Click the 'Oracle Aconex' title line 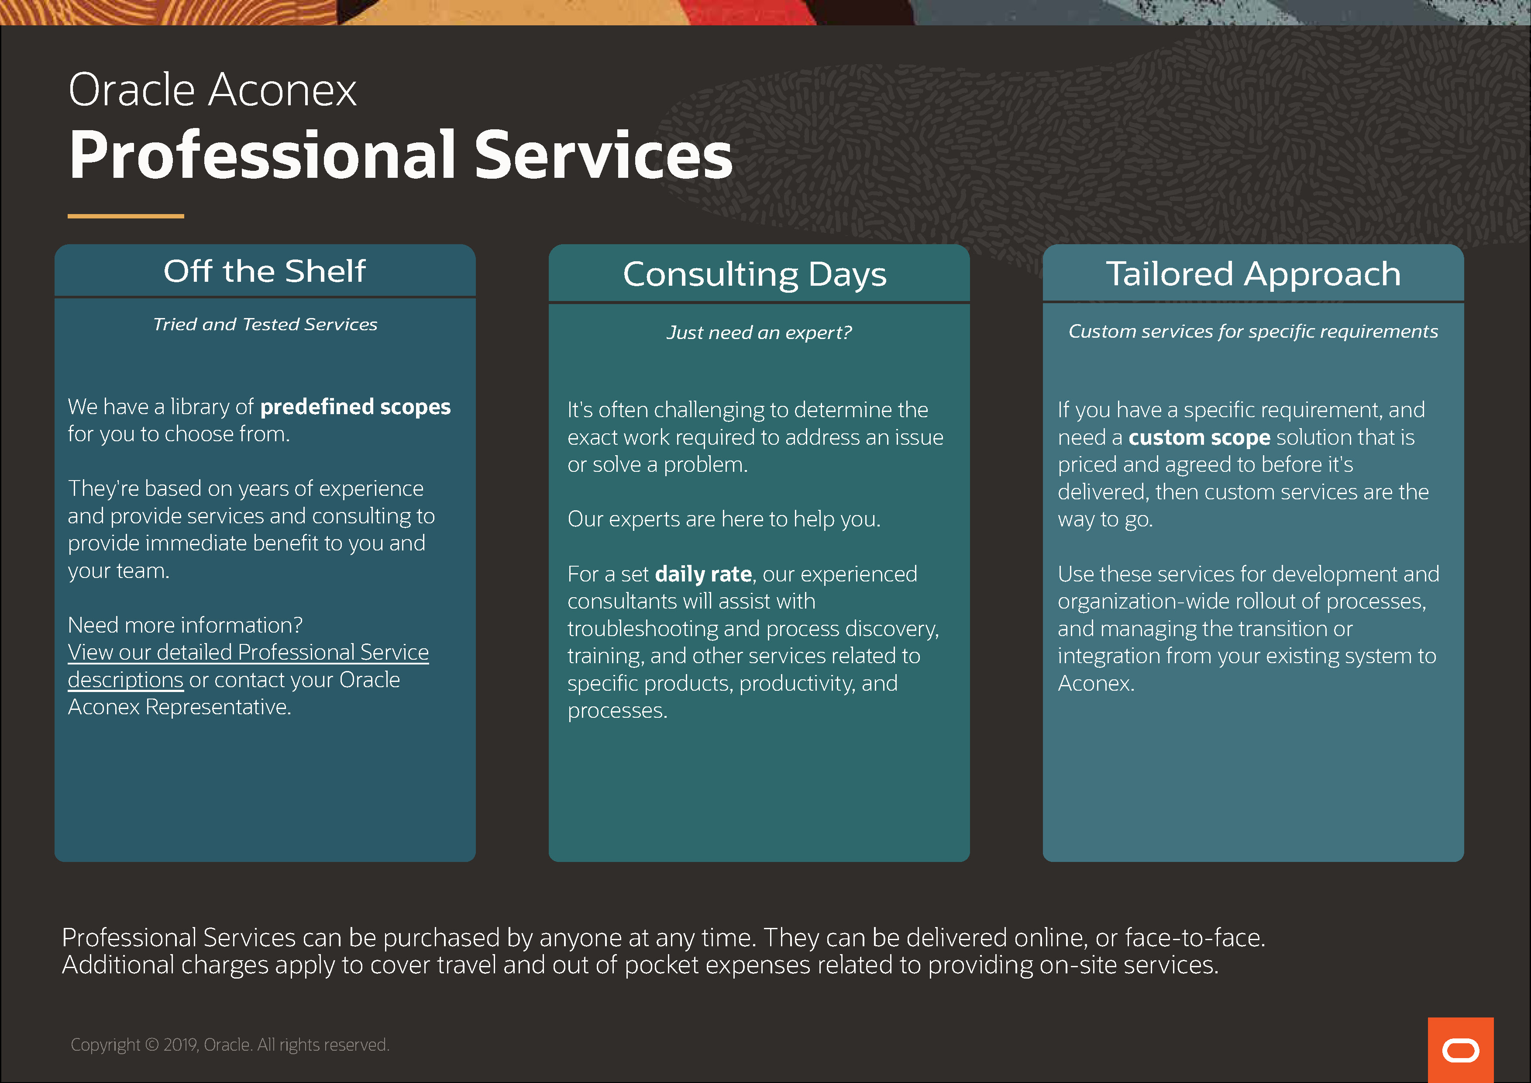213,90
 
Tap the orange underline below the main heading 125,216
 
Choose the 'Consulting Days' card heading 755,275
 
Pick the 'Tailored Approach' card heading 1254,274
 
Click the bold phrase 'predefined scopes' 355,407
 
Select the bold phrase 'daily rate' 703,574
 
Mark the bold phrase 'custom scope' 1199,438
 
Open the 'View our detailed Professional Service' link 248,653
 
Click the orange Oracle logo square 1460,1050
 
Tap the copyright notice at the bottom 230,1045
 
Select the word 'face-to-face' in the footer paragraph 1194,938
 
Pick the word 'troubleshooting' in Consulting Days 643,629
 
